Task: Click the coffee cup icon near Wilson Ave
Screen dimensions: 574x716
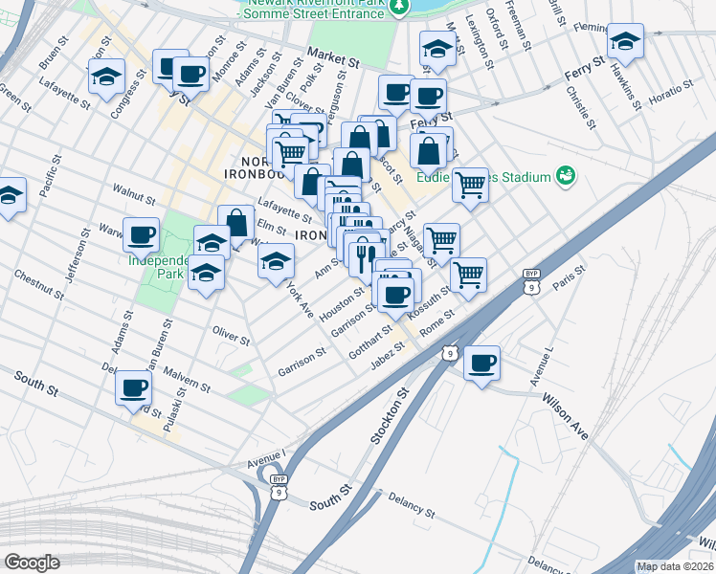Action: tap(482, 363)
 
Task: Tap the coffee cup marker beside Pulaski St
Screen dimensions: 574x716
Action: tap(134, 387)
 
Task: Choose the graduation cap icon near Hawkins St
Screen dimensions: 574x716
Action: tap(625, 41)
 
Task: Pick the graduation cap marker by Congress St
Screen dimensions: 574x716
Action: tap(107, 76)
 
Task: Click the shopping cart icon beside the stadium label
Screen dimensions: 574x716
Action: tap(470, 184)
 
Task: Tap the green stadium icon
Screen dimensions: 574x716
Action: tap(566, 175)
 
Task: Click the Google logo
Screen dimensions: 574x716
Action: tap(31, 563)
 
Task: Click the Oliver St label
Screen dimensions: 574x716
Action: tap(231, 334)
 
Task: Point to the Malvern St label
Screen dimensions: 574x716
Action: tap(187, 378)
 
